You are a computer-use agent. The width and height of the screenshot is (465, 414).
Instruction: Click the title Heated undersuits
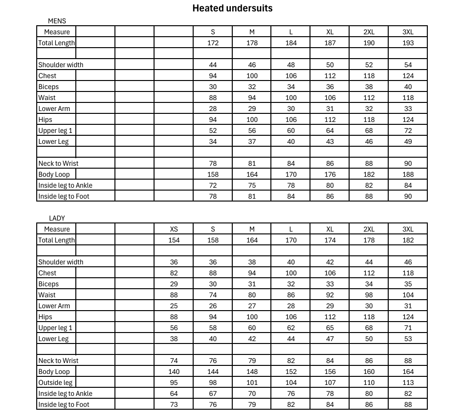232,8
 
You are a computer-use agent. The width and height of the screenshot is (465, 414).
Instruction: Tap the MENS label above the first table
57,21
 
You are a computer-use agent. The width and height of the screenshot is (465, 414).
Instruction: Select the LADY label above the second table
57,218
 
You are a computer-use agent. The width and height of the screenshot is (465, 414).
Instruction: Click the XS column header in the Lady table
174,229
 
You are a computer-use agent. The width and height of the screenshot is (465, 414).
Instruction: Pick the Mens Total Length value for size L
291,43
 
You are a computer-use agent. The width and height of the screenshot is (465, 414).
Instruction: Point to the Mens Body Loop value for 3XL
408,174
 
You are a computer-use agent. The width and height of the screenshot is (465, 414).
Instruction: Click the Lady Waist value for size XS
174,295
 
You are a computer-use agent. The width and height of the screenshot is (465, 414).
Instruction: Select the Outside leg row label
55,383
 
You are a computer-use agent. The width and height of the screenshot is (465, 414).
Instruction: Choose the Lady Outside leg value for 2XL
369,383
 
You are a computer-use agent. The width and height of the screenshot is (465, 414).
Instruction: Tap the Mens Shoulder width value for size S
213,65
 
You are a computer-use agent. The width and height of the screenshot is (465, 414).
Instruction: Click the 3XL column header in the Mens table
408,32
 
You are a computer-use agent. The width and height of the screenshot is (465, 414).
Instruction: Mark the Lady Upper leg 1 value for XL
330,328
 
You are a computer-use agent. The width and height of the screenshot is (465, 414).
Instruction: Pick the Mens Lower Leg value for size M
252,141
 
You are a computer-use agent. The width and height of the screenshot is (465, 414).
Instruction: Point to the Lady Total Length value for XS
174,240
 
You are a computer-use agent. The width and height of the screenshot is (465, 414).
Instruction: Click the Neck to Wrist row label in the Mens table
58,163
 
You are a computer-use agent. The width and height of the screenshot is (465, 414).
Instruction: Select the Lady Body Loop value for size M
252,372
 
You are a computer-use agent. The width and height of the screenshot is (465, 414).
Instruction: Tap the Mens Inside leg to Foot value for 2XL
369,196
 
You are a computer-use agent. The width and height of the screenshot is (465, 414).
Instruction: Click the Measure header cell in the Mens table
57,32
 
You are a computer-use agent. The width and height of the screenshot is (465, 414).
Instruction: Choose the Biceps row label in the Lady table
49,284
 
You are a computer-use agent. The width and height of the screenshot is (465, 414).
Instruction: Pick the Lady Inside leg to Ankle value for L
291,394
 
